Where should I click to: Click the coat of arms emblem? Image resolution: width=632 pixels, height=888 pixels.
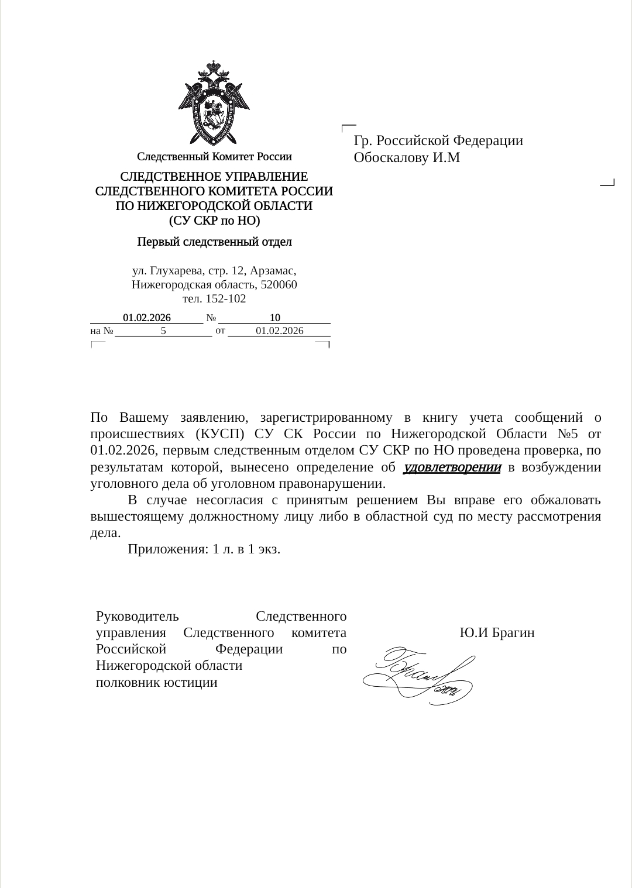(214, 102)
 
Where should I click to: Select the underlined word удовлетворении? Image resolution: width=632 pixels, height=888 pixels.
(452, 467)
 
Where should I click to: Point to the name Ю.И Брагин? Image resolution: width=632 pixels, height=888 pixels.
(497, 633)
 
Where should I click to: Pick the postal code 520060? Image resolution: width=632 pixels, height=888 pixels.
(278, 285)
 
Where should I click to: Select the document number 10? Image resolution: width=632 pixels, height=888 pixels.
(274, 318)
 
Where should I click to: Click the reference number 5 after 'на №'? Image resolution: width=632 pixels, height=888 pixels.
(164, 331)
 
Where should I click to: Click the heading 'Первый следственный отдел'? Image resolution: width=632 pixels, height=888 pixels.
(214, 242)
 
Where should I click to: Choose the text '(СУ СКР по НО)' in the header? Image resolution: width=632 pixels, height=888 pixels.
(214, 221)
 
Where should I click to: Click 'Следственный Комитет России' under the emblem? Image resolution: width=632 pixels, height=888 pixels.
(214, 157)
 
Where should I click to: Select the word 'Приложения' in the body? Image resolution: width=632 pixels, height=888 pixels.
(166, 549)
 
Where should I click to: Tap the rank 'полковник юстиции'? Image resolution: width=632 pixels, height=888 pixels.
(157, 682)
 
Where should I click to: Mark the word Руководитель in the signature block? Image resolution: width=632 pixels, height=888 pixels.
(133, 616)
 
